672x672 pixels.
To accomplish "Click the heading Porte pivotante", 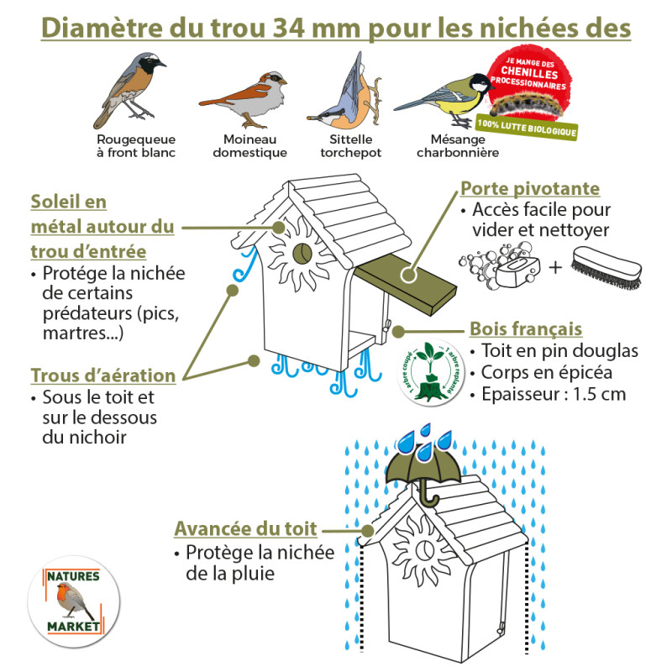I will pos(529,189).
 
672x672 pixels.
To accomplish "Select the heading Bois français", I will pos(526,328).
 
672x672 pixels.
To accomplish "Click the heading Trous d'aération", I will pos(103,375).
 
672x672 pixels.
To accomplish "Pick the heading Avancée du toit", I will pos(245,529).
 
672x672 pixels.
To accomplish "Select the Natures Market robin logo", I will pos(72,601).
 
